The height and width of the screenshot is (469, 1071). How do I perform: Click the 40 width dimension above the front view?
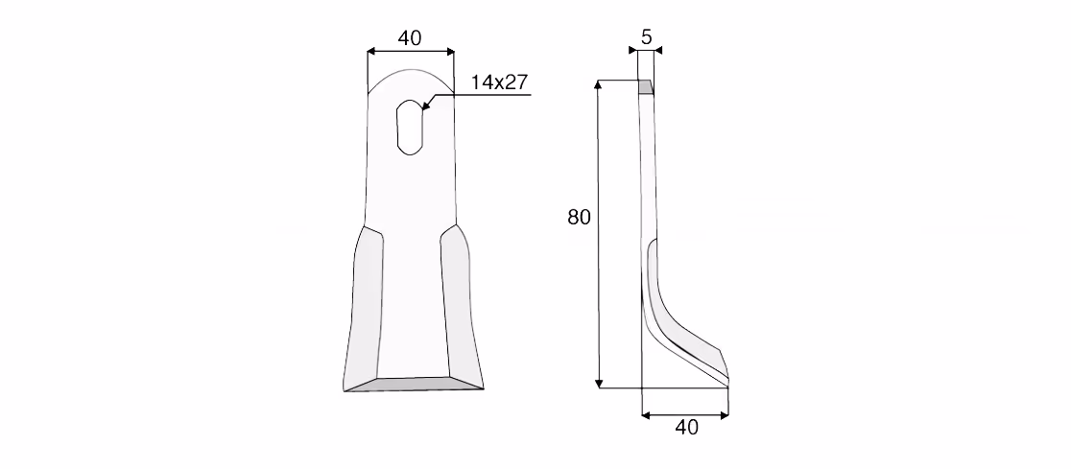pos(410,38)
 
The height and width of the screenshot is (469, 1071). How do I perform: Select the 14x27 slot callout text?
pos(500,82)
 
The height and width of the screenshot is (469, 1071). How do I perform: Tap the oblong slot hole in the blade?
pos(411,127)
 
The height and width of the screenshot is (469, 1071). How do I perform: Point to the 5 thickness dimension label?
pos(647,36)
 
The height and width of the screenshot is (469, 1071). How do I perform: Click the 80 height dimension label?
pos(579,218)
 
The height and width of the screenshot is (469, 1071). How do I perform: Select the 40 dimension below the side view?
pos(686,428)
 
